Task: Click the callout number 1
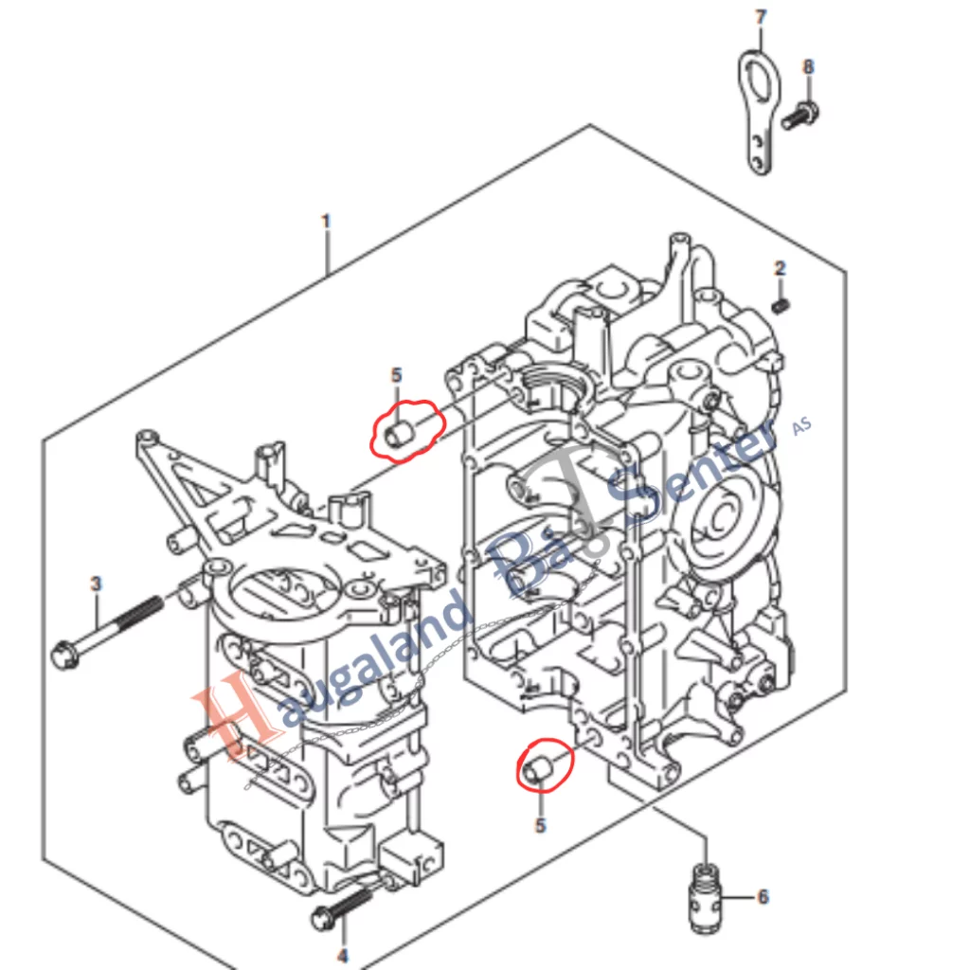[x=326, y=223]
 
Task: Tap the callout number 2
[x=780, y=269]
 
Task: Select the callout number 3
[x=96, y=584]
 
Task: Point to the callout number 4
[x=343, y=956]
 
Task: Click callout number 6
[x=763, y=896]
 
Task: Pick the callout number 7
[x=760, y=17]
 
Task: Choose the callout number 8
[x=808, y=67]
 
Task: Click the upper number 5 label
[x=397, y=376]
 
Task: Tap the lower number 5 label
[x=540, y=825]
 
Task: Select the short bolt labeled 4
[x=341, y=907]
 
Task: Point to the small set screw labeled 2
[x=781, y=305]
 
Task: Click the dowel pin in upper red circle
[x=399, y=435]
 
